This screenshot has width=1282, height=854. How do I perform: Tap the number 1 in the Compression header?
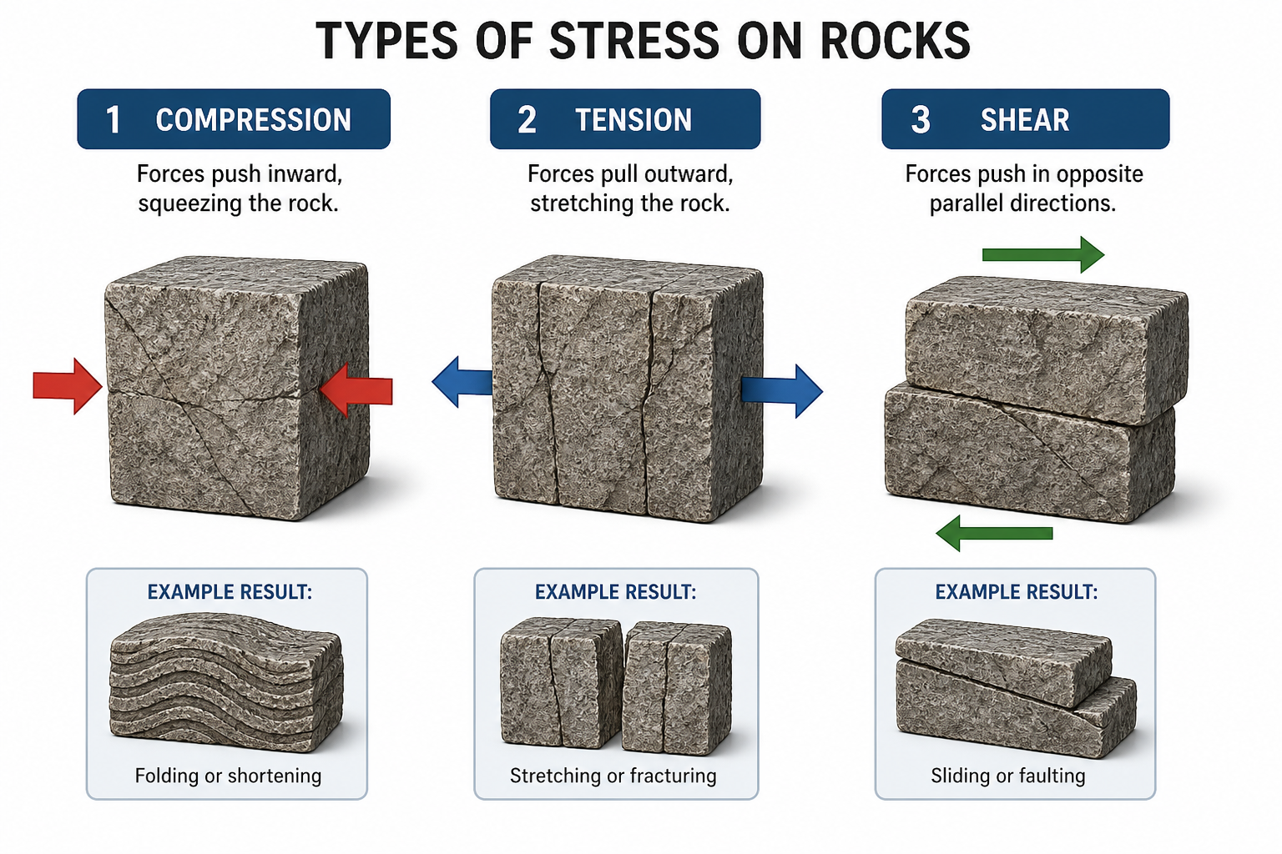point(114,119)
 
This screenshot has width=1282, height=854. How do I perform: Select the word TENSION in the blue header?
point(633,119)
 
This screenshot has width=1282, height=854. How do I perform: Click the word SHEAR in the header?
point(1024,119)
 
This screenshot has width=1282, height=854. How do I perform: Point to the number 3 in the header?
point(921,119)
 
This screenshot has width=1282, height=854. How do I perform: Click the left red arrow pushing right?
point(68,386)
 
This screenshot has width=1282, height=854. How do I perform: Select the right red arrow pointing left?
point(356,389)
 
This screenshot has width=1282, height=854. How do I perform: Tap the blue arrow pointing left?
point(462,381)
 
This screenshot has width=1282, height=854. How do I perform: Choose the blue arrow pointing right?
point(782,391)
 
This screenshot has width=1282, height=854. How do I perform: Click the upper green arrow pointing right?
point(1042,254)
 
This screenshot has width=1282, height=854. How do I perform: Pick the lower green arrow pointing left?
point(994,533)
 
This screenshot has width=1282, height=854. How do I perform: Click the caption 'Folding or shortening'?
point(228,776)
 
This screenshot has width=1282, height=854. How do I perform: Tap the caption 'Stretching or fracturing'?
point(613,776)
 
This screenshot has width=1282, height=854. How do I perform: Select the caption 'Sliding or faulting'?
point(1008,776)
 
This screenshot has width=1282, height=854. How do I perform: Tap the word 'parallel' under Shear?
point(967,203)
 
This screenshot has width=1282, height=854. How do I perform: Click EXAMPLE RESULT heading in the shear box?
point(1017,592)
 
